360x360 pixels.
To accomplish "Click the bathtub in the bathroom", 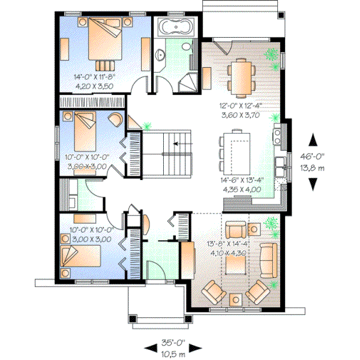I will click(x=176, y=27).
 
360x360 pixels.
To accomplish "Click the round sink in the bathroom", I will click(x=161, y=55).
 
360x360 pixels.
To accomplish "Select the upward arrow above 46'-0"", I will click(x=313, y=141).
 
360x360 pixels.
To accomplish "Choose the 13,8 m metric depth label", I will click(x=313, y=169).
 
